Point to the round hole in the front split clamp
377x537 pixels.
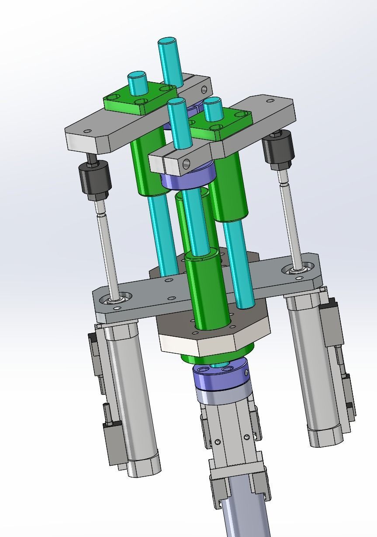(187, 164)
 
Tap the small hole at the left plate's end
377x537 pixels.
(88, 130)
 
